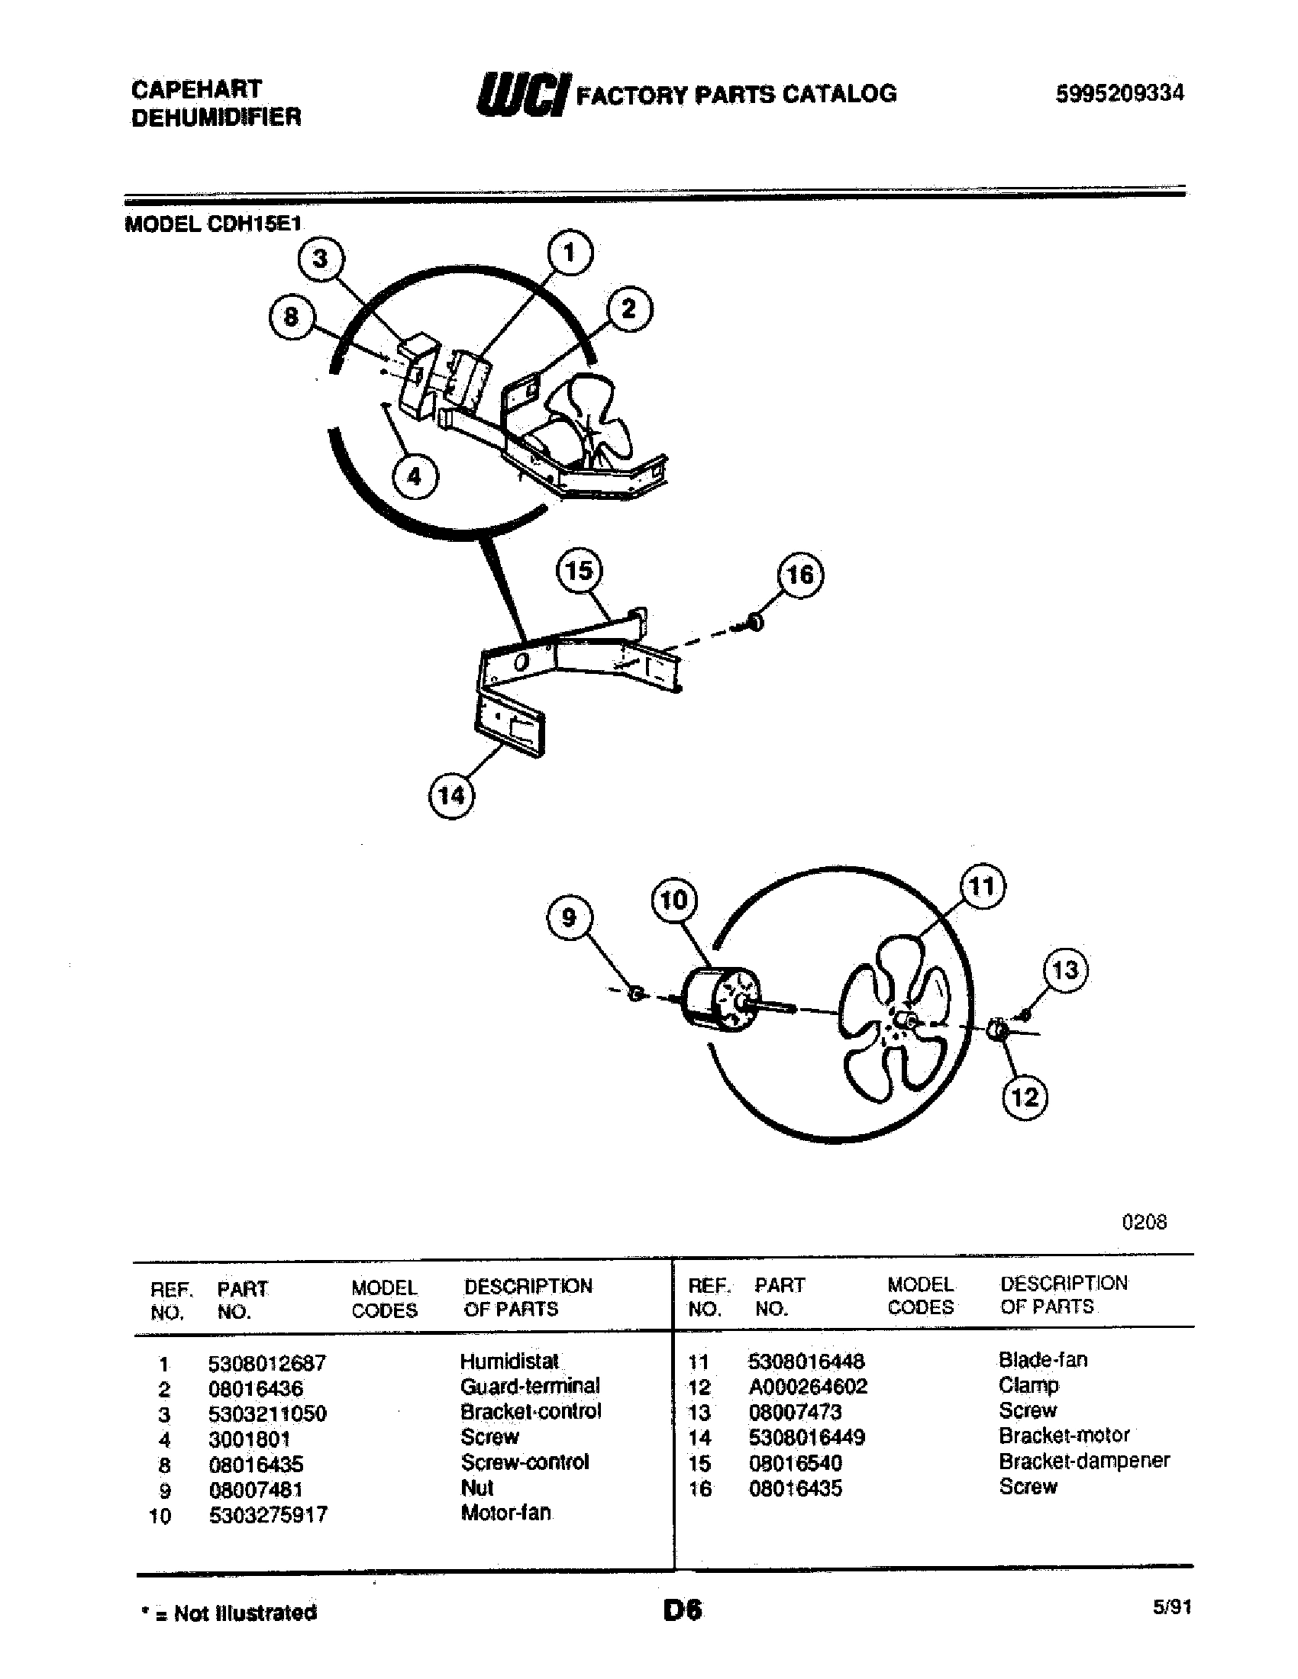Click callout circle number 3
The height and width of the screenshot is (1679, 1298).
pos(321,259)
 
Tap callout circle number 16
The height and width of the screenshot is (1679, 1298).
pos(799,574)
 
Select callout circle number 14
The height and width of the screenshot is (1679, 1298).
pos(450,794)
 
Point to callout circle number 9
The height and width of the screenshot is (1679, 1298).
pos(568,917)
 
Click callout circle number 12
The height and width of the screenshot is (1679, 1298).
pos(1025,1096)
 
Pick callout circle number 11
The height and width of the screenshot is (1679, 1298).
pos(983,886)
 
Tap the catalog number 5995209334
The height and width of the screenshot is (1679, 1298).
pos(1119,93)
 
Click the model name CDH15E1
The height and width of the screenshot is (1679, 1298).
pos(254,224)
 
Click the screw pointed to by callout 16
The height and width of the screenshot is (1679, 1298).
pos(754,622)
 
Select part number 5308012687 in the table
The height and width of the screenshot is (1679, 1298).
pos(266,1363)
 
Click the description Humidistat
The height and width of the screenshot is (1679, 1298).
pos(509,1362)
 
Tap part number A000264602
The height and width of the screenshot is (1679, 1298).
pos(807,1386)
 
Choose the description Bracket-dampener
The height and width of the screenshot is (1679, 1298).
pos(1083,1460)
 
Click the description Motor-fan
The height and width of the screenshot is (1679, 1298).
pos(505,1513)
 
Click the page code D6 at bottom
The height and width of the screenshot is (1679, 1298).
pos(682,1610)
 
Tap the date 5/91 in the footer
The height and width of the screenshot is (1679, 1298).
pos(1172,1606)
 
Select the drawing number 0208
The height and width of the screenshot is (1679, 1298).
pos(1145,1223)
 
